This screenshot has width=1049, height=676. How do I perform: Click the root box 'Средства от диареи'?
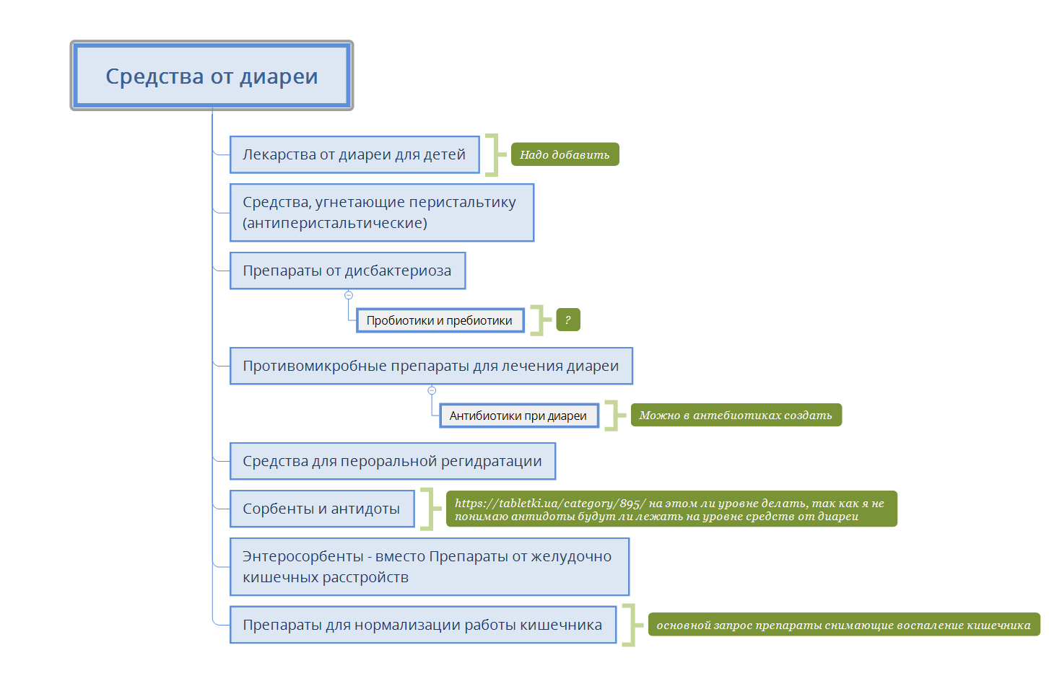click(x=212, y=75)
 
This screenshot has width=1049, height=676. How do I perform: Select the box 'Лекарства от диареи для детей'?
click(x=354, y=154)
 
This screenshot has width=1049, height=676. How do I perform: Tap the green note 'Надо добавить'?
click(x=565, y=154)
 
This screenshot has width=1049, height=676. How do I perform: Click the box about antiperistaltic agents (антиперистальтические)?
click(x=382, y=212)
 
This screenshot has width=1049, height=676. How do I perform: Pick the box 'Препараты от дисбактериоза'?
click(x=347, y=271)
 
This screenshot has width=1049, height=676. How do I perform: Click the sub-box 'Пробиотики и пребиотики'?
click(x=440, y=320)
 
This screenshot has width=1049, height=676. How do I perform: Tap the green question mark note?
click(x=568, y=320)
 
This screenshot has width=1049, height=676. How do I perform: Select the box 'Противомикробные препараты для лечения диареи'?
click(x=431, y=366)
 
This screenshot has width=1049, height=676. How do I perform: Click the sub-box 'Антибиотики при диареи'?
click(x=519, y=416)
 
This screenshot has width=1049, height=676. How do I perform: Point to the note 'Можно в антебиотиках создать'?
click(x=736, y=415)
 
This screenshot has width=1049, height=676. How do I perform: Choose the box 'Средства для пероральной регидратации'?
click(x=393, y=461)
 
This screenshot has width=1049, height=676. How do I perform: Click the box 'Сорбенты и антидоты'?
click(x=322, y=509)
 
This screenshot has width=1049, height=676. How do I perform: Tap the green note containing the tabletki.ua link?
click(x=671, y=509)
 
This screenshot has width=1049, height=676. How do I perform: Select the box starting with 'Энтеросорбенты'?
click(x=430, y=566)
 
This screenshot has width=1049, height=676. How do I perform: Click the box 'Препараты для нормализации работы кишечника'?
click(x=423, y=625)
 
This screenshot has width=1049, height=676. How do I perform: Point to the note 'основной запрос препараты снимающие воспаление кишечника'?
click(x=844, y=625)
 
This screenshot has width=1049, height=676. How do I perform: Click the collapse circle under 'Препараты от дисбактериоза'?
click(x=349, y=295)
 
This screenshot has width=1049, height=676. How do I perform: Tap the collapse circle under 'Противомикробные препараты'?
click(x=432, y=390)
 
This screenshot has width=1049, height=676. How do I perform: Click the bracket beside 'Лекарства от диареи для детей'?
click(x=495, y=155)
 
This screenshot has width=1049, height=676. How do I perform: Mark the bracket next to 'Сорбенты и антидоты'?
click(x=431, y=509)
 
